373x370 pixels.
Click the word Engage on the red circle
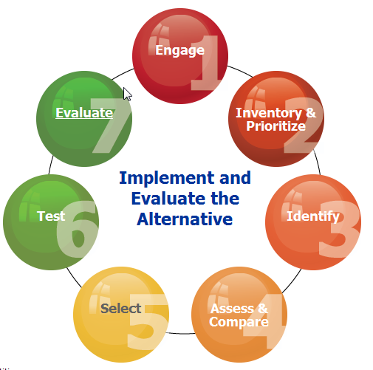pyautogui.click(x=179, y=51)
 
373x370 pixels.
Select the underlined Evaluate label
pyautogui.click(x=84, y=113)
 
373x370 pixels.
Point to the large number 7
pyautogui.click(x=111, y=126)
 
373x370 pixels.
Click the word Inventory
pyautogui.click(x=269, y=114)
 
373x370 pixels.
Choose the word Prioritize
pyautogui.click(x=276, y=126)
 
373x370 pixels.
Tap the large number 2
pyautogui.click(x=304, y=125)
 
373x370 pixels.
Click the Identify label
pyautogui.click(x=313, y=216)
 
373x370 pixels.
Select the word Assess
pyautogui.click(x=232, y=309)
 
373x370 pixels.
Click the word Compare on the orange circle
pyautogui.click(x=239, y=322)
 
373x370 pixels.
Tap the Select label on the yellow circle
pyautogui.click(x=120, y=309)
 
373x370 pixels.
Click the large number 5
pyautogui.click(x=148, y=321)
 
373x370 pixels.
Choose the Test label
pyautogui.click(x=51, y=216)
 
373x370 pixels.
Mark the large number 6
pyautogui.click(x=77, y=229)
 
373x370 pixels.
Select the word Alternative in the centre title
pyautogui.click(x=185, y=219)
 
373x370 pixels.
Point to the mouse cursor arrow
pyautogui.click(x=127, y=94)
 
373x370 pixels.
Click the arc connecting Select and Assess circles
pyautogui.click(x=180, y=333)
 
